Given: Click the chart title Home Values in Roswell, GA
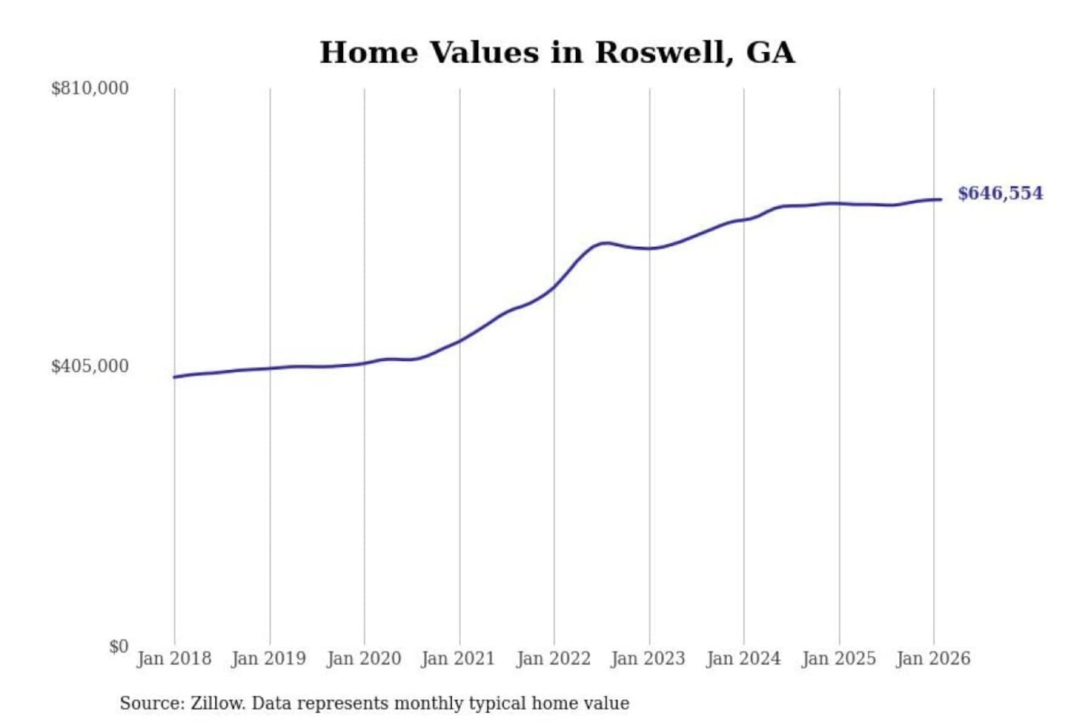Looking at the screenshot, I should click(x=557, y=53).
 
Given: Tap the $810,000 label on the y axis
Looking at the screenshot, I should click(x=89, y=88).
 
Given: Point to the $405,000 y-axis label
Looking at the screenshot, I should click(x=89, y=366).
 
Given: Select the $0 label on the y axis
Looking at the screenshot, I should click(x=119, y=646).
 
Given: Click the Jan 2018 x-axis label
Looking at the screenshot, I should click(x=174, y=659).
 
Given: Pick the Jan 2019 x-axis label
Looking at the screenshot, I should click(x=268, y=659).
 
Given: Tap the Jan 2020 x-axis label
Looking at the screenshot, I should click(x=363, y=659).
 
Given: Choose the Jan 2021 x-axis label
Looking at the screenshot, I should click(x=458, y=659).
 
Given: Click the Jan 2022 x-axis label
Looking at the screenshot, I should click(x=553, y=659).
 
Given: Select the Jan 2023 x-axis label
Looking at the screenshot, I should click(x=648, y=659).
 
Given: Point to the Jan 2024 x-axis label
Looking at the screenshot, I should click(x=743, y=659).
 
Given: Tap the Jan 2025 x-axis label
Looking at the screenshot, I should click(x=838, y=659).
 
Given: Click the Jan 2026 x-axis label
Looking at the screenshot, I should click(x=932, y=659).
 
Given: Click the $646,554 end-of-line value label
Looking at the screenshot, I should click(x=1000, y=193).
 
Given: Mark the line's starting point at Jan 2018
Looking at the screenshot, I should click(x=175, y=377).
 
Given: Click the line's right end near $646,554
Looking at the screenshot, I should click(x=941, y=199).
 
